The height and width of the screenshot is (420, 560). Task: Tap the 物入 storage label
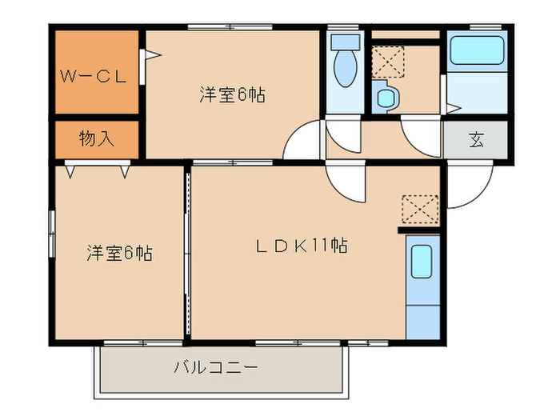96,138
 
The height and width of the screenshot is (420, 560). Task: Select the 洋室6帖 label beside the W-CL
232,95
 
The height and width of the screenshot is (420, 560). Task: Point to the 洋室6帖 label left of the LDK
120,254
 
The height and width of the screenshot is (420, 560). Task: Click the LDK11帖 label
301,246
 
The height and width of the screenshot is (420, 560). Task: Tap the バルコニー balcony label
215,369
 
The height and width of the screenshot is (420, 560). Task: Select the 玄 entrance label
476,141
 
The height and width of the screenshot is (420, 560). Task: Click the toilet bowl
345,64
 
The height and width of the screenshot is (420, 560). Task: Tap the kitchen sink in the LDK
422,261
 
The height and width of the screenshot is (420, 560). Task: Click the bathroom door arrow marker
453,109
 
